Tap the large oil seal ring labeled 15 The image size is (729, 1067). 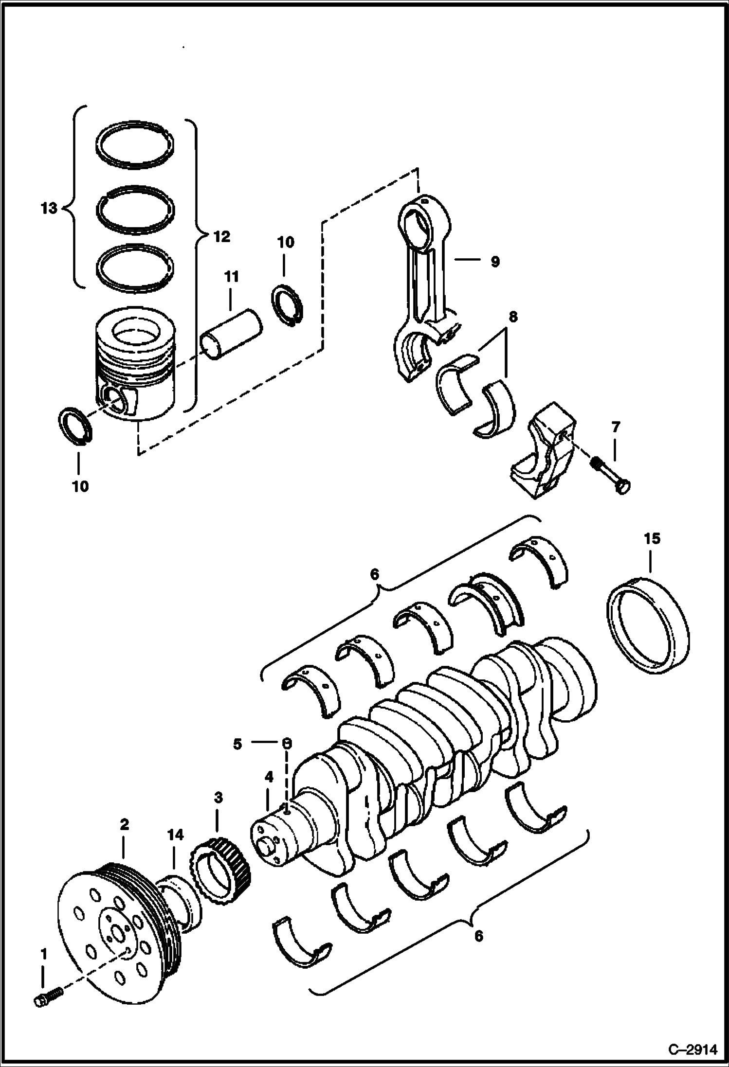click(649, 624)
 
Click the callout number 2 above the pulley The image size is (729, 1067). click(124, 824)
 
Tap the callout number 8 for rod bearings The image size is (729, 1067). click(512, 317)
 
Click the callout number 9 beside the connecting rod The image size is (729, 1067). click(494, 262)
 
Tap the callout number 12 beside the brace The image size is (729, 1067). click(221, 237)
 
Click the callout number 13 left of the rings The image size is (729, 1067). click(49, 208)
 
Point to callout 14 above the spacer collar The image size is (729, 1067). click(176, 835)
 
